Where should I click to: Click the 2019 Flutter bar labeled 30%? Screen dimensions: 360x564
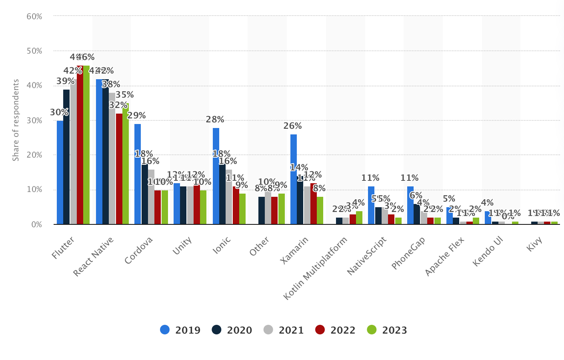coord(60,172)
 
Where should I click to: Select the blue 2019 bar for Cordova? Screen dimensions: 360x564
coord(138,174)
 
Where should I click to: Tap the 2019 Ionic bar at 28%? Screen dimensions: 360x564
coord(216,176)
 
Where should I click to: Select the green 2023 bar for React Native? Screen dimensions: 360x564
coord(126,164)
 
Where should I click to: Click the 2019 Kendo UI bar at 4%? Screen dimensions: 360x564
coord(488,218)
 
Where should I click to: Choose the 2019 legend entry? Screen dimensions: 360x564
coord(180,330)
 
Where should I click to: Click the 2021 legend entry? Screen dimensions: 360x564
coord(284,330)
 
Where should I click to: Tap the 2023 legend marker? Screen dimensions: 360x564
coord(372,330)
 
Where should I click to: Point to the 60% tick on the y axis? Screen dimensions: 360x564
coord(34,16)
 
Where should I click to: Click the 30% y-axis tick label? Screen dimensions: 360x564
coord(34,120)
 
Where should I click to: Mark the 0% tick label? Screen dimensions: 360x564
coord(36,224)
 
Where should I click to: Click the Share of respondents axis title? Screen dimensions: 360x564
coord(16,120)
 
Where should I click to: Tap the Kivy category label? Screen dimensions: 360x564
coord(534,244)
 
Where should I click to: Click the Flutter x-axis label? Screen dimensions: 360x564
coord(63,248)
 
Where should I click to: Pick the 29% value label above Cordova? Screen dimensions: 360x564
coord(136,116)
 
